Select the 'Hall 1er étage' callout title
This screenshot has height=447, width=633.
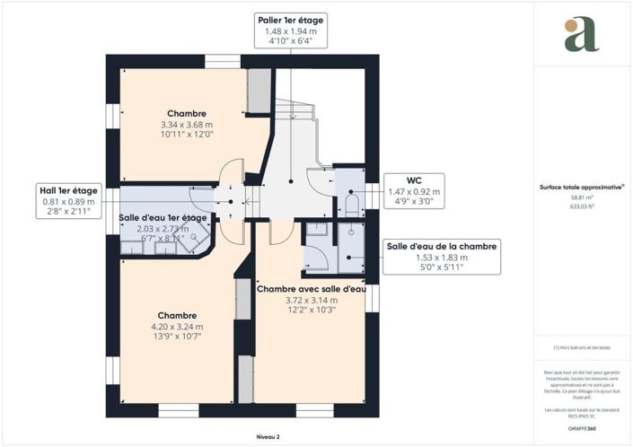[67, 189]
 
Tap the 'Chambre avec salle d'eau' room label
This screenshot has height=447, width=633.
[311, 288]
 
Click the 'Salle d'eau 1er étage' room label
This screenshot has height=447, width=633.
[163, 218]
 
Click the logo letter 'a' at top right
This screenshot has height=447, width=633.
[582, 33]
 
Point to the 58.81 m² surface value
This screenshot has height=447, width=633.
[582, 197]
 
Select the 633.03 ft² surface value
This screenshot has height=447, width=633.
[582, 206]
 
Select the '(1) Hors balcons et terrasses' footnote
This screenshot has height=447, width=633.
[582, 349]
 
